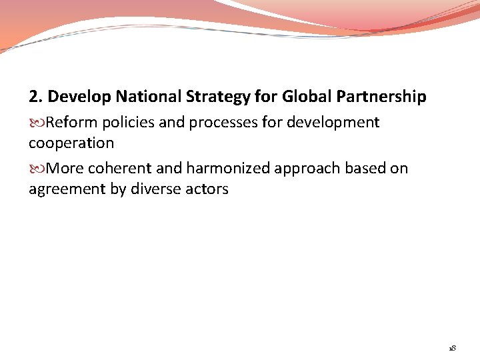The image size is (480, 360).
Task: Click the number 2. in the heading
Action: coord(36,97)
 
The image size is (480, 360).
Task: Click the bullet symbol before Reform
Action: coord(37,123)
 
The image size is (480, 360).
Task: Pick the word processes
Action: coord(219,123)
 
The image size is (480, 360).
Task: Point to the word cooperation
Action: coord(71,143)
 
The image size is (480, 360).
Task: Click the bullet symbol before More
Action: coord(37,169)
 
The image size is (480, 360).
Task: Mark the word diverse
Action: coord(153,189)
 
